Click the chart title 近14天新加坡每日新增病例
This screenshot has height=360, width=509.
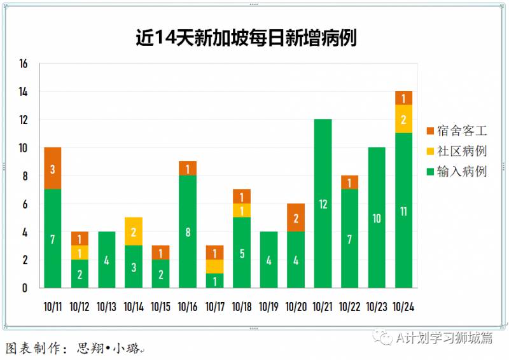(x=246, y=38)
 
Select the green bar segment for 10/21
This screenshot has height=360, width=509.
(x=323, y=204)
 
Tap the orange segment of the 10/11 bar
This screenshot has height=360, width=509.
(x=53, y=169)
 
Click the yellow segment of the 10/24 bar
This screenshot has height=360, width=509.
(x=403, y=119)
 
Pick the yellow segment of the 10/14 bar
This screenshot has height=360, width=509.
(x=134, y=232)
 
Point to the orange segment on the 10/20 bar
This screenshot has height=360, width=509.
(x=296, y=218)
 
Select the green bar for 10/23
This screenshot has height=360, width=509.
(x=377, y=218)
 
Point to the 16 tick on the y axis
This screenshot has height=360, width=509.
(x=24, y=64)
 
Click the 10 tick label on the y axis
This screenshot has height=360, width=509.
(x=24, y=148)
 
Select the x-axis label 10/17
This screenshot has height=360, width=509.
(x=214, y=307)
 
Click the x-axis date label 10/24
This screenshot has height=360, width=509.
(x=403, y=307)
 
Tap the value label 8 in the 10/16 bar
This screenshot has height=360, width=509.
(x=188, y=232)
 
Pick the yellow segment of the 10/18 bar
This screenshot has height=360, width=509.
(x=242, y=211)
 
